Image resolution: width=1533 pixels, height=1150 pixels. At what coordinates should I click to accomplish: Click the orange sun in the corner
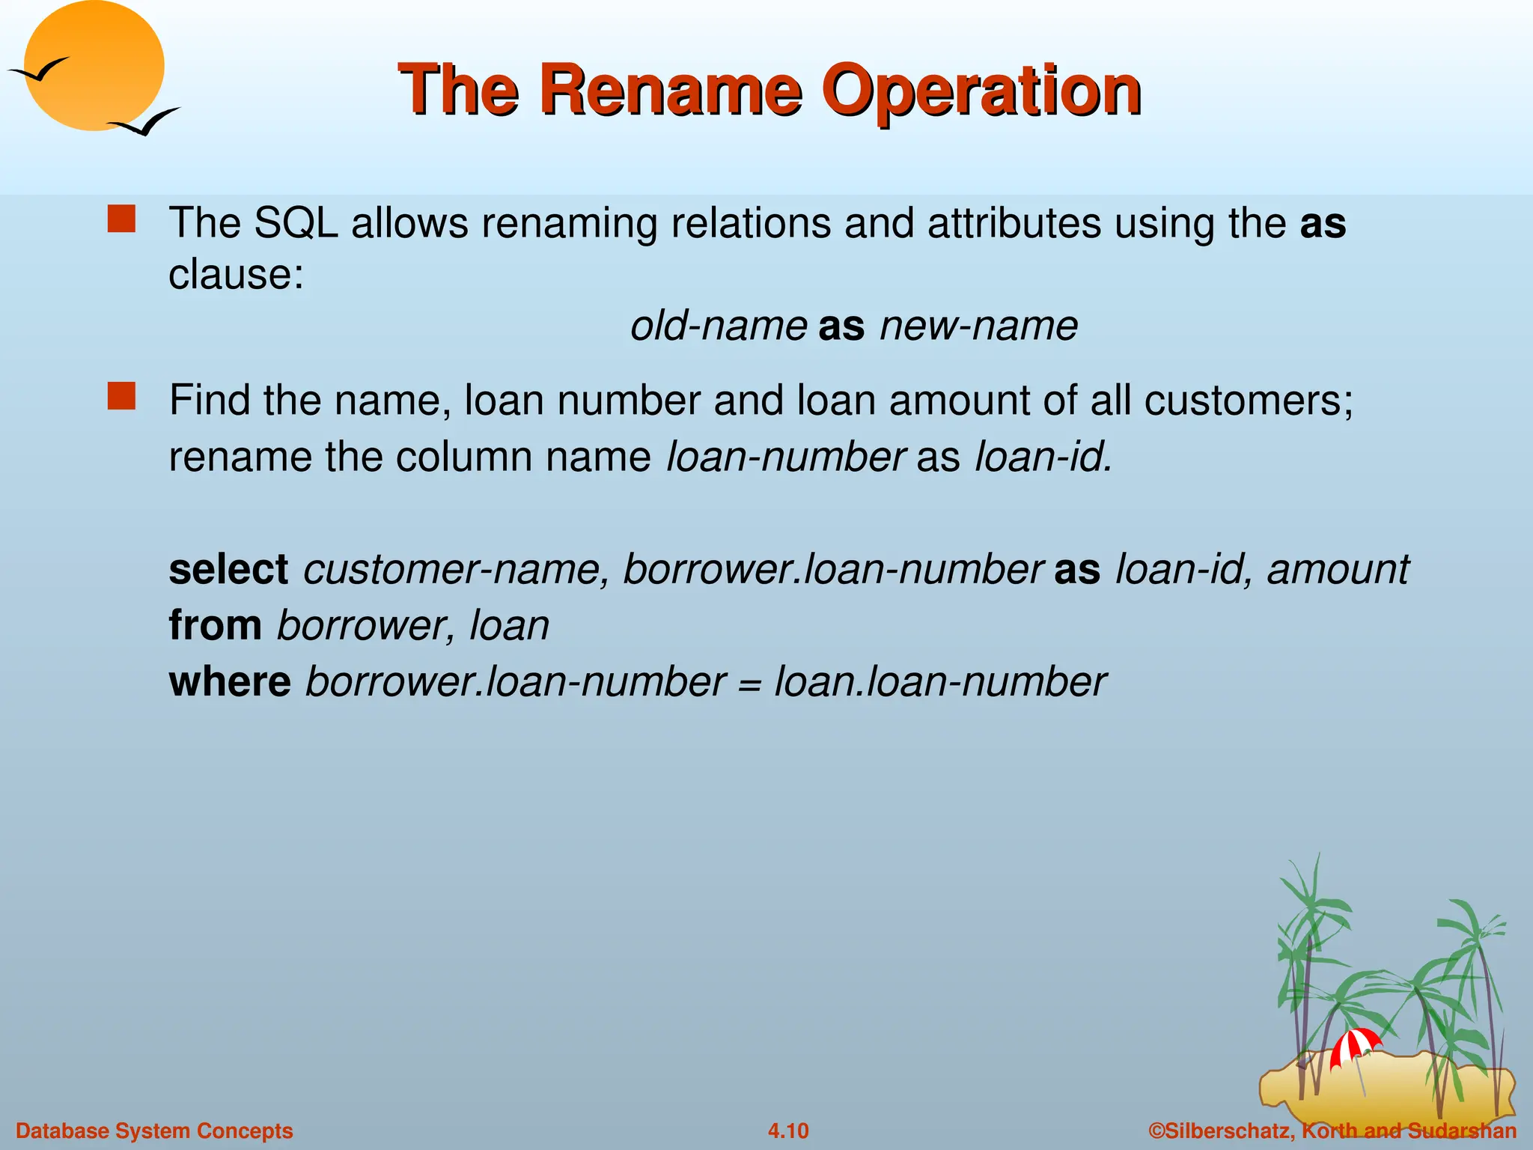pyautogui.click(x=94, y=66)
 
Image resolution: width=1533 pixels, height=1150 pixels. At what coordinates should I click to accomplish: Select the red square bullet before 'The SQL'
pyautogui.click(x=121, y=219)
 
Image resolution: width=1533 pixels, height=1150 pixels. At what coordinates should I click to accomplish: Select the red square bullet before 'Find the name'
pyautogui.click(x=121, y=396)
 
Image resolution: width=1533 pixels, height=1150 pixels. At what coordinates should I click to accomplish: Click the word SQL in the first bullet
pyautogui.click(x=296, y=223)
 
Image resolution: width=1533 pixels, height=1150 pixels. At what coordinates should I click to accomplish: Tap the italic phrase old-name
pyautogui.click(x=718, y=326)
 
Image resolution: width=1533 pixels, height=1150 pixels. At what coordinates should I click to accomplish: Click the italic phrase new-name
pyautogui.click(x=978, y=326)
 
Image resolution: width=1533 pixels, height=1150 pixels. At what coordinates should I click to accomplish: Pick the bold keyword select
pyautogui.click(x=228, y=570)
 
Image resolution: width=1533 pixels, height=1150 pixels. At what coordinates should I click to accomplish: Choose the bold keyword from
pyautogui.click(x=215, y=625)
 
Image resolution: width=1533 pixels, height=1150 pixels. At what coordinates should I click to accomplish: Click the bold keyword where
pyautogui.click(x=230, y=682)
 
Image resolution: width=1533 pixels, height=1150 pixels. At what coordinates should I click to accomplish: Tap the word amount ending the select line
pyautogui.click(x=1338, y=570)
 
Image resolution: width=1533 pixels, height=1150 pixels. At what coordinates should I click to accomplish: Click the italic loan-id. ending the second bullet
pyautogui.click(x=1043, y=457)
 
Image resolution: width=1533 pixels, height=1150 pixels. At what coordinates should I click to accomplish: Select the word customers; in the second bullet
pyautogui.click(x=1248, y=401)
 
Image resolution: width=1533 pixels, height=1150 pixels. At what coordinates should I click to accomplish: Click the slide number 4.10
pyautogui.click(x=788, y=1131)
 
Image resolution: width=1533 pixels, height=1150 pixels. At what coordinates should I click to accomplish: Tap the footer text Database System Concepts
pyautogui.click(x=154, y=1131)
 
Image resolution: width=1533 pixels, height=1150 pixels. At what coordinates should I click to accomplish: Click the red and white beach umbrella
pyautogui.click(x=1354, y=1045)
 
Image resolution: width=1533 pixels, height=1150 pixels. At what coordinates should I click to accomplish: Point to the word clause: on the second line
pyautogui.click(x=236, y=275)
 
